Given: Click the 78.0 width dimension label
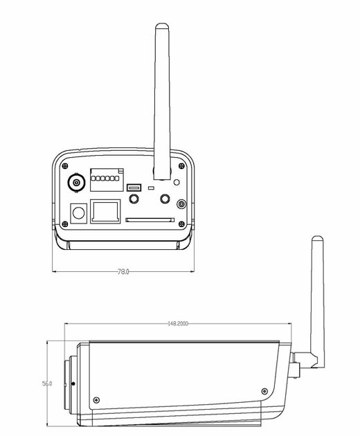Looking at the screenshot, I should coord(123,272).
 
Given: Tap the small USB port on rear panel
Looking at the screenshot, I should coord(134,187).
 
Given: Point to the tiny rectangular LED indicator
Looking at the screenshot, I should coord(151,188).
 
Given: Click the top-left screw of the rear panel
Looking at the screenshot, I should coord(64,166).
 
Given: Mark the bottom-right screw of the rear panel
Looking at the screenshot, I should coord(181,223).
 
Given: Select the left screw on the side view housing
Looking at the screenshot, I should coord(96,399).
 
